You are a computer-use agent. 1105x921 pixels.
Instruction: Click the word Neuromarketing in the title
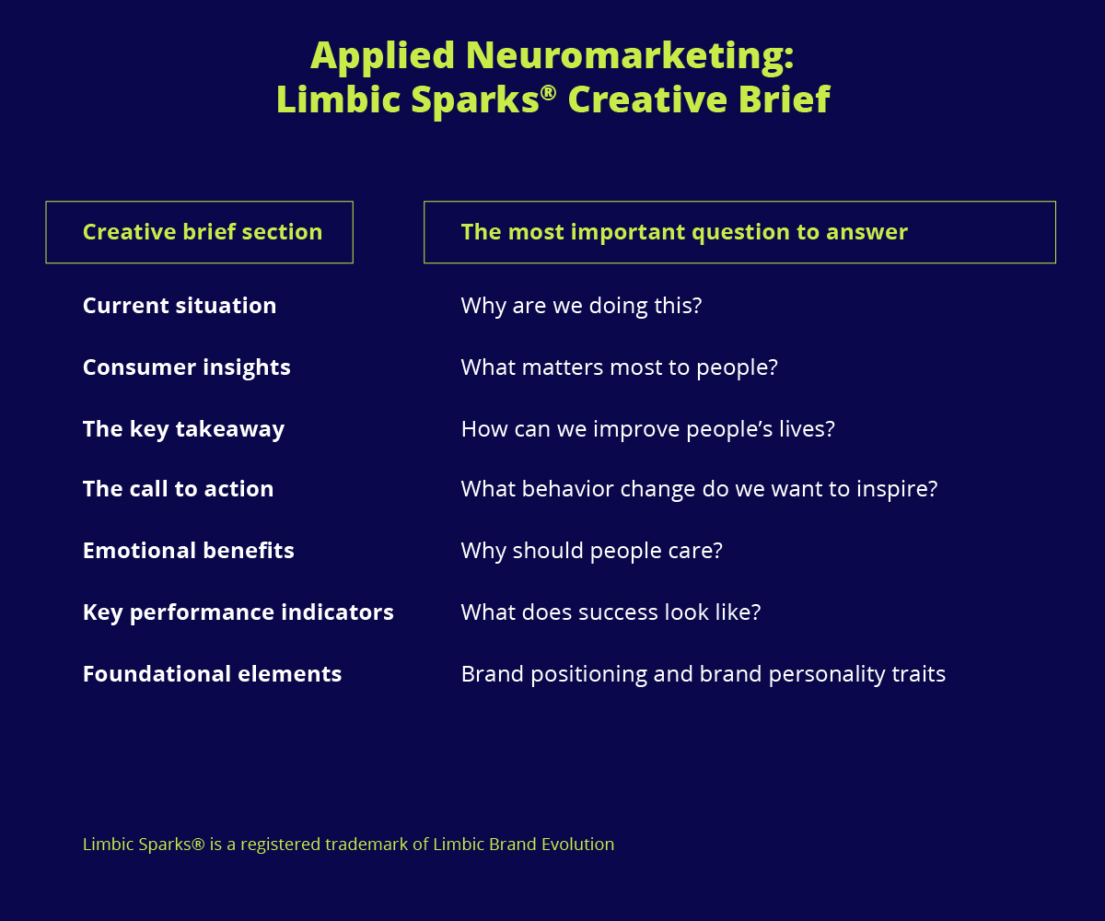click(x=630, y=55)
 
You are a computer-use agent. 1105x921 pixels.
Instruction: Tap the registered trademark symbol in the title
click(x=548, y=93)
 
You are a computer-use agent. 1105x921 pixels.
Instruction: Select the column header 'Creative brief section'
click(x=203, y=232)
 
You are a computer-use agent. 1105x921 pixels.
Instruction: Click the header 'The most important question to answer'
click(x=684, y=232)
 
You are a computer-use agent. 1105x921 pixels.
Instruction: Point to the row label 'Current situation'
click(x=180, y=306)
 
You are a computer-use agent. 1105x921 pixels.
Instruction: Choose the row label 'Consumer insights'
click(x=187, y=367)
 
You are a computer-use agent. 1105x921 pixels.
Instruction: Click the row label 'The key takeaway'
click(x=183, y=429)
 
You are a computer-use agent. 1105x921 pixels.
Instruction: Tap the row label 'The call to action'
click(x=179, y=488)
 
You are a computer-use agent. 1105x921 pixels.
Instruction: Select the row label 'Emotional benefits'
click(x=189, y=551)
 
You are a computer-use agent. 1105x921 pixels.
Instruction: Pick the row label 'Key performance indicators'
click(x=238, y=612)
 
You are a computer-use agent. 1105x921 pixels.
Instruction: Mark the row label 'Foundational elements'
click(x=212, y=674)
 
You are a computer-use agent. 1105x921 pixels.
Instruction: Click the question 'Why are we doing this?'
click(x=581, y=306)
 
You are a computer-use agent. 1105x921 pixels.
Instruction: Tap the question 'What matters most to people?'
click(x=619, y=367)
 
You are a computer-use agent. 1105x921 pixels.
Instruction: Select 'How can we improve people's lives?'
click(x=647, y=429)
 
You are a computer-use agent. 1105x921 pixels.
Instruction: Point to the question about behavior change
click(x=699, y=489)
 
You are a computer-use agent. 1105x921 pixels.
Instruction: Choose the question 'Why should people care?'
click(x=592, y=551)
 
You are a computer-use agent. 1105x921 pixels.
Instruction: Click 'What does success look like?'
click(x=611, y=612)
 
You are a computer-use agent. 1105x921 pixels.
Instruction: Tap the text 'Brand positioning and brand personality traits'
click(x=704, y=674)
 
